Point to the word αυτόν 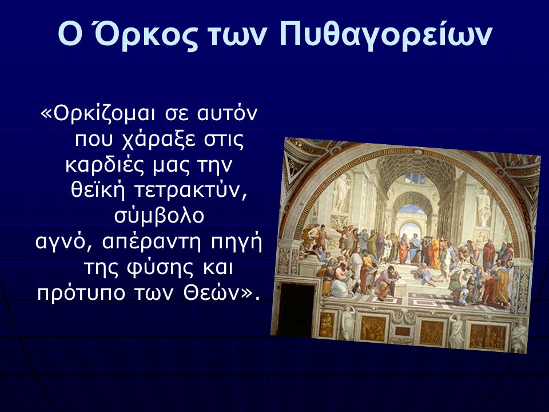(x=228, y=113)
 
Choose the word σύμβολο (x=160, y=216)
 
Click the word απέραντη (x=151, y=243)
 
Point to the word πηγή (x=236, y=243)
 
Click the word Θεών (x=211, y=293)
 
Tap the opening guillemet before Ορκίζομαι (x=47, y=114)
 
